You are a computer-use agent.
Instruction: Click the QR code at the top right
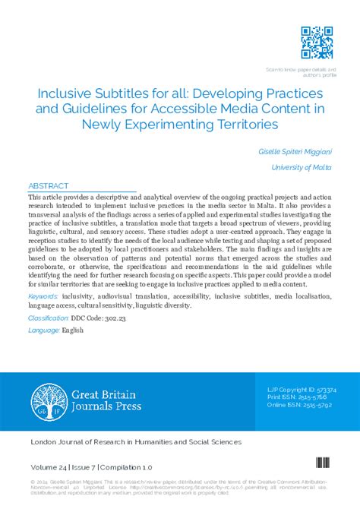(316, 43)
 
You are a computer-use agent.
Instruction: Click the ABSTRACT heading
(49, 185)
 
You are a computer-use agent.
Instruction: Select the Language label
(43, 330)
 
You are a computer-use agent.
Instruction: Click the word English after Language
(74, 330)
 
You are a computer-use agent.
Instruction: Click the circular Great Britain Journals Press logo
(49, 401)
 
